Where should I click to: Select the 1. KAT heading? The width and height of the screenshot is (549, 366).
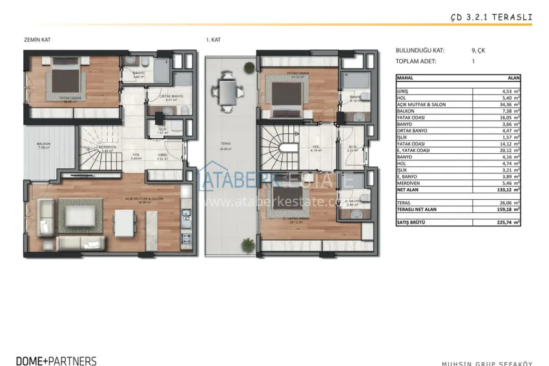[x=213, y=40]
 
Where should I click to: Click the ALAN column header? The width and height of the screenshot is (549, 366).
[x=514, y=78]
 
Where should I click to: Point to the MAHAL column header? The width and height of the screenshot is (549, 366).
[x=406, y=78]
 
